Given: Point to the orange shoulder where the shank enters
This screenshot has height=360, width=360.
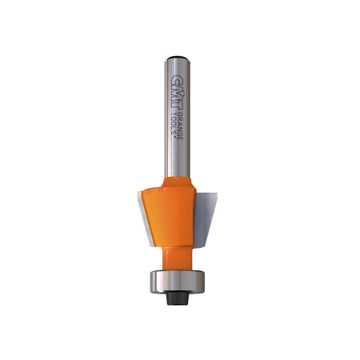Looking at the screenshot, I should click(x=178, y=182).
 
